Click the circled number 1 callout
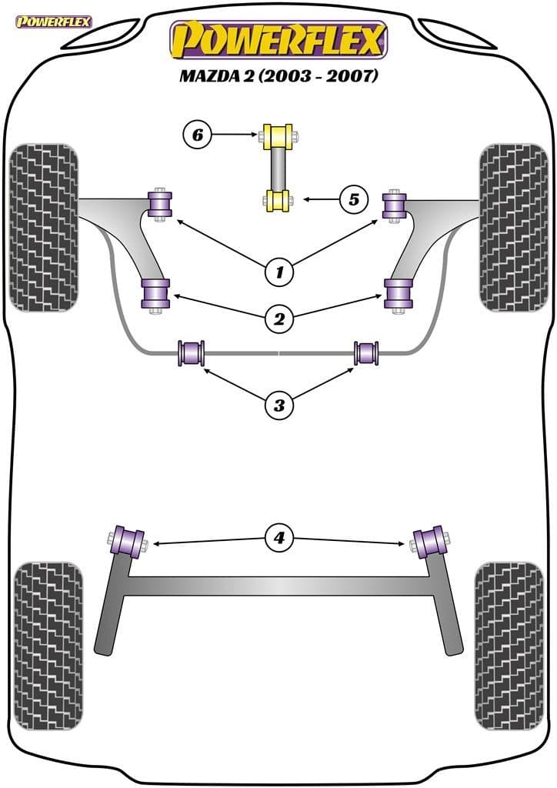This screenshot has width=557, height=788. pos(279,271)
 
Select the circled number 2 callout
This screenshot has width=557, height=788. pos(279,316)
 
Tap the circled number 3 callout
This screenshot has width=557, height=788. pos(279,403)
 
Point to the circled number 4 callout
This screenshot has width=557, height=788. pos(279,538)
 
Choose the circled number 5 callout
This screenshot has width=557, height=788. pos(354,199)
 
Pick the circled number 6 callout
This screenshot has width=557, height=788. pos(198,135)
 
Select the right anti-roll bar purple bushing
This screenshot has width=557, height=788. pos(366,353)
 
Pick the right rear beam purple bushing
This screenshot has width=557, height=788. pos(431,540)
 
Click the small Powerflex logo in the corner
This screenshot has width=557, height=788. pos(53,21)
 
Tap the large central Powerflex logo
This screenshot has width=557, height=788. pos(278,42)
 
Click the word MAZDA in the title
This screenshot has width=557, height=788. pos(206,77)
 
